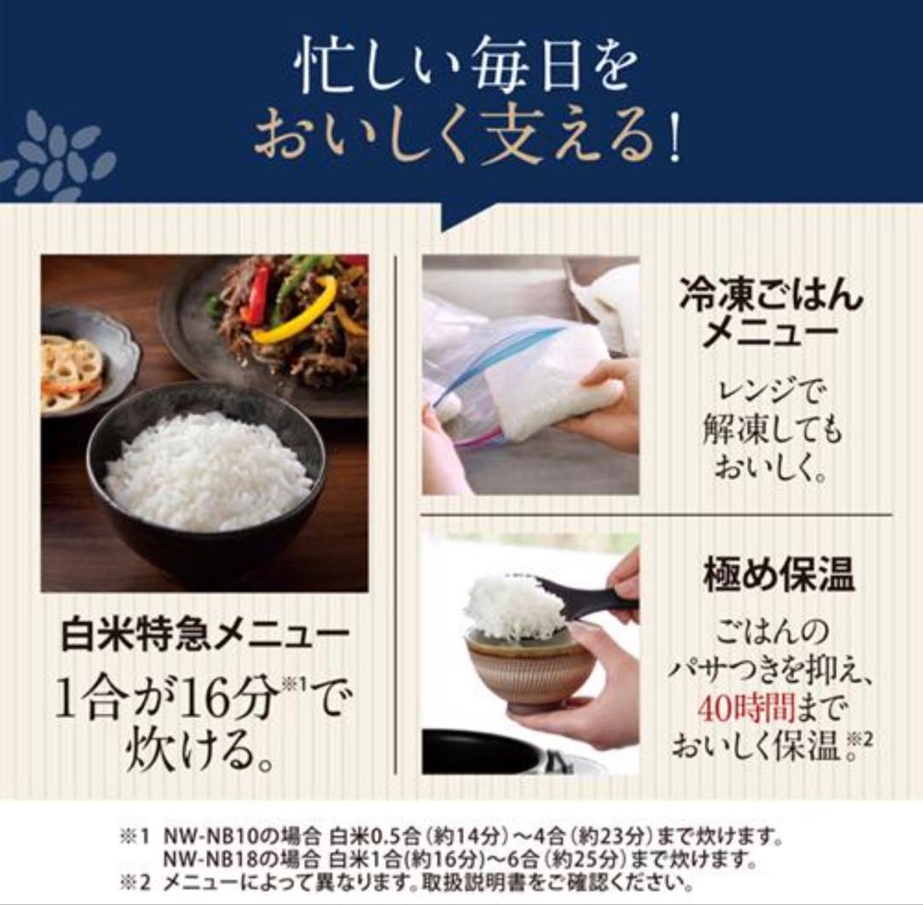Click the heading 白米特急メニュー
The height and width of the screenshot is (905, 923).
[x=205, y=636]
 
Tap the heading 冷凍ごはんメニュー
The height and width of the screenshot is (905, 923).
[x=771, y=314]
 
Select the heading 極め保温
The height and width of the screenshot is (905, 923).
[x=779, y=574]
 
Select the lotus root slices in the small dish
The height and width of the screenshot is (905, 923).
[x=73, y=371]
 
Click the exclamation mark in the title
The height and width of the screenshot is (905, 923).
[x=674, y=144]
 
